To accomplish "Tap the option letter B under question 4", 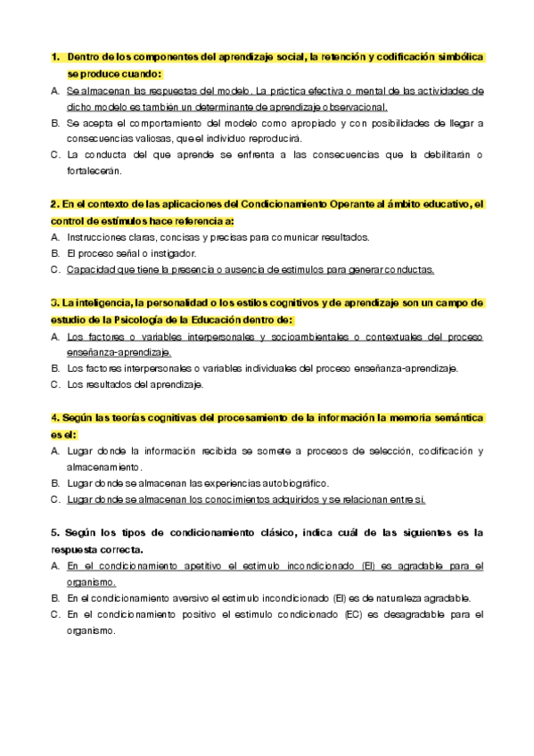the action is coord(55,483).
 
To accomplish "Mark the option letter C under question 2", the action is coord(55,269).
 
